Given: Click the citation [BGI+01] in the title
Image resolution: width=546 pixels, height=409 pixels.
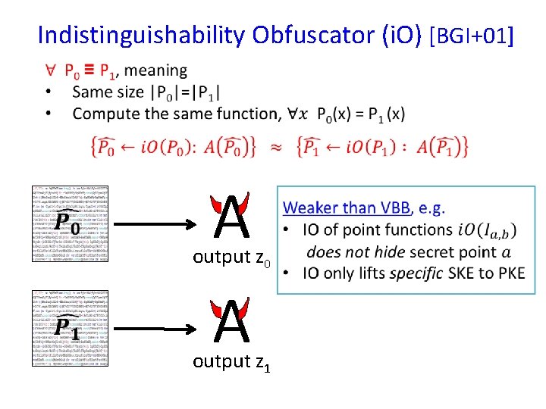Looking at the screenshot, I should [x=472, y=35].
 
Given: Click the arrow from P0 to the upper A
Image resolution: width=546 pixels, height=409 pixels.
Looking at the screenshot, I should [x=152, y=225].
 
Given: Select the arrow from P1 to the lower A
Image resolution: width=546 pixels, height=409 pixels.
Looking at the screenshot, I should [x=152, y=329].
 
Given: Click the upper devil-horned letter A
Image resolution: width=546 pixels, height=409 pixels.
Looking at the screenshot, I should [x=231, y=217].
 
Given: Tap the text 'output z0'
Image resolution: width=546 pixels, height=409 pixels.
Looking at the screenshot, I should [x=231, y=258].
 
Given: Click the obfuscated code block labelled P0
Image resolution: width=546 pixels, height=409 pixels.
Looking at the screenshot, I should [x=69, y=223].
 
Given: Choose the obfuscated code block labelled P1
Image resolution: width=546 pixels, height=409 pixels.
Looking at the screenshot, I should [x=69, y=327].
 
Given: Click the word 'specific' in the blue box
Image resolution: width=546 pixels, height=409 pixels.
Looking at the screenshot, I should [x=413, y=273].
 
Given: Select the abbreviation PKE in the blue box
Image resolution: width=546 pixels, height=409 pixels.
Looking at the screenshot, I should [x=508, y=273].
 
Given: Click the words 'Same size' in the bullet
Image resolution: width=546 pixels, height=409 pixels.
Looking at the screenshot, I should [x=108, y=92].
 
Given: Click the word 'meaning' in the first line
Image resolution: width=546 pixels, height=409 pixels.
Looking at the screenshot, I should [x=155, y=70].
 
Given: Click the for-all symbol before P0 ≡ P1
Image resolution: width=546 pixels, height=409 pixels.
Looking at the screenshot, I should [x=50, y=71].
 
